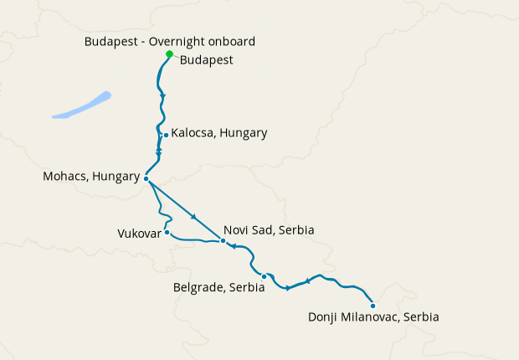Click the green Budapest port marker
169,54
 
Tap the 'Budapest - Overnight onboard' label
170,41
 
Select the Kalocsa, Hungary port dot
166,135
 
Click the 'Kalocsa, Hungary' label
218,133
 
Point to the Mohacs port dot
146,178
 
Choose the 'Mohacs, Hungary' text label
90,177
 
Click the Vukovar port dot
167,233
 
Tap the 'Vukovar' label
139,234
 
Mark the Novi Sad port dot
223,241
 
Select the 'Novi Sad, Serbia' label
268,229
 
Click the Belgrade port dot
264,276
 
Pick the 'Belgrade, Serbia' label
218,287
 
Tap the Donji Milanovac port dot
373,306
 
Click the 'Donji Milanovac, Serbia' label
373,317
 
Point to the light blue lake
82,105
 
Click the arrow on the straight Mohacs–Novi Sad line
194,217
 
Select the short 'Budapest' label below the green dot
206,60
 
